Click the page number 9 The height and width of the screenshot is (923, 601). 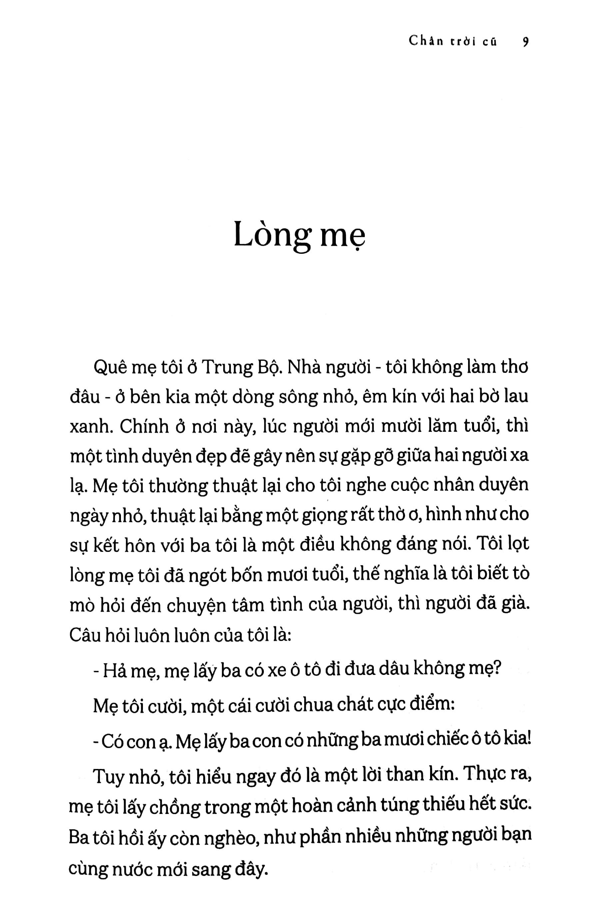click(x=525, y=41)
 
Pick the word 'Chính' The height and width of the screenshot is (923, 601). click(x=138, y=426)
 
